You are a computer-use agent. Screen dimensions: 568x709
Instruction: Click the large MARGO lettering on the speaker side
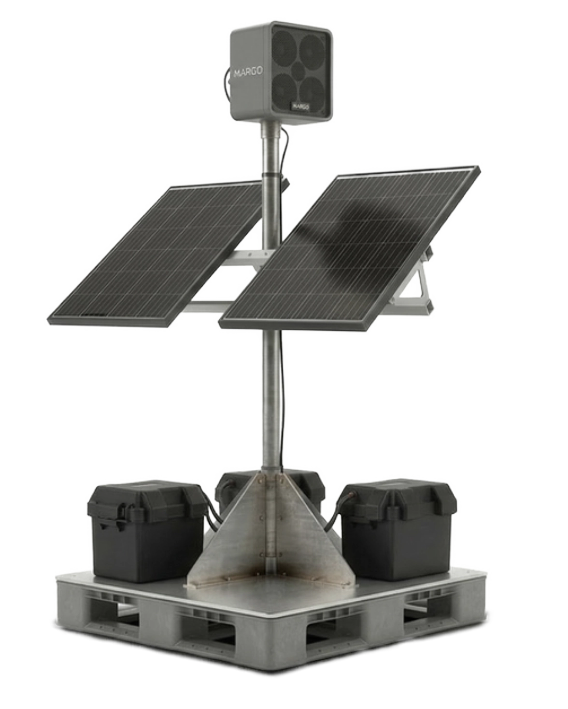(x=248, y=72)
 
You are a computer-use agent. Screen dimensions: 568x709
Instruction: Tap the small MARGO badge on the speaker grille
(x=300, y=107)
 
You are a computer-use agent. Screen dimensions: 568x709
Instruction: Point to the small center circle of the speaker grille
(x=299, y=70)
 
